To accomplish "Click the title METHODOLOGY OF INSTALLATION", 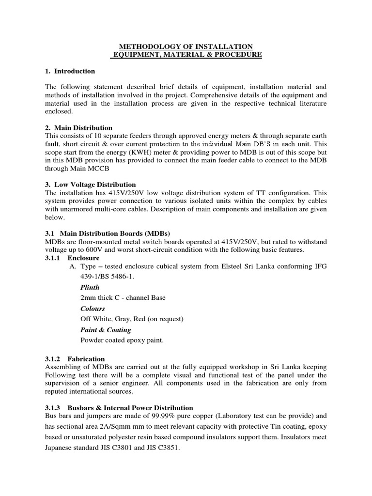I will [x=186, y=46].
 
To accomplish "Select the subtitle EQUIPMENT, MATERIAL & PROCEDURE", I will [x=186, y=55].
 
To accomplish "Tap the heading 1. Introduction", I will [x=70, y=71].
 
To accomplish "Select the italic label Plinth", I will [x=90, y=287].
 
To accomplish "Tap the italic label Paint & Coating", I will [x=106, y=330].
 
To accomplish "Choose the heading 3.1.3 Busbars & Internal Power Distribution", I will [x=119, y=408].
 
